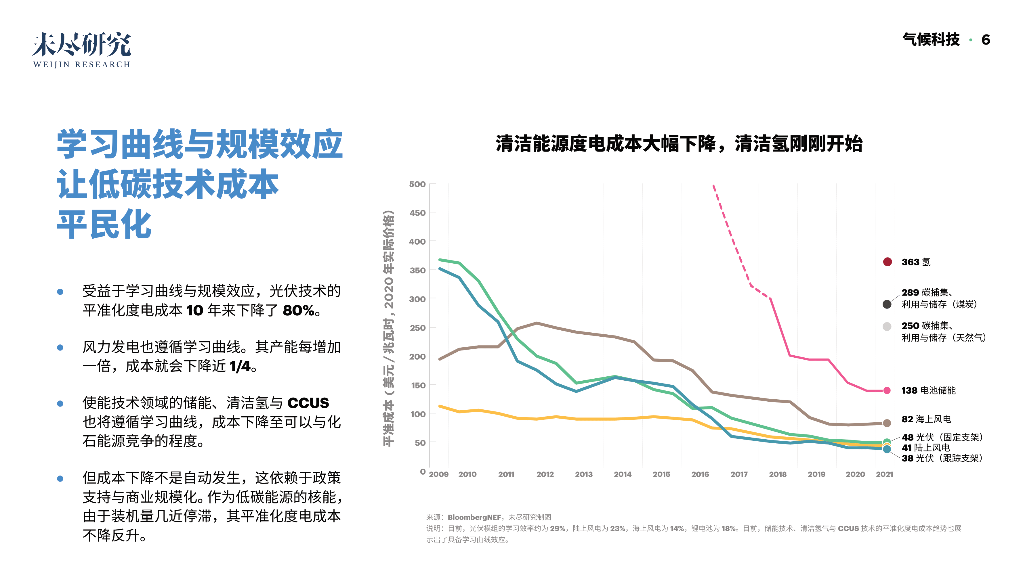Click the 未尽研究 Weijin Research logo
click(x=81, y=50)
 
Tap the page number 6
click(x=985, y=40)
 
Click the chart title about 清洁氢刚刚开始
click(x=679, y=144)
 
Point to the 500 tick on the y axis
click(x=417, y=184)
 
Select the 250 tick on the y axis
click(x=417, y=328)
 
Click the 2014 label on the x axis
click(x=622, y=474)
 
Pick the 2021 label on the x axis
click(x=884, y=474)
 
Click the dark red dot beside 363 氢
click(x=887, y=262)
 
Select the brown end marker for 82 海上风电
click(x=887, y=423)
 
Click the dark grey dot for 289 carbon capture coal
click(x=887, y=304)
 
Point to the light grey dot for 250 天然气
click(x=887, y=327)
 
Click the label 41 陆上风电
click(x=926, y=448)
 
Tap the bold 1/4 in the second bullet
click(x=240, y=366)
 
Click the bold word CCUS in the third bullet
click(x=308, y=403)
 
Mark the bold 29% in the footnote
click(x=558, y=529)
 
